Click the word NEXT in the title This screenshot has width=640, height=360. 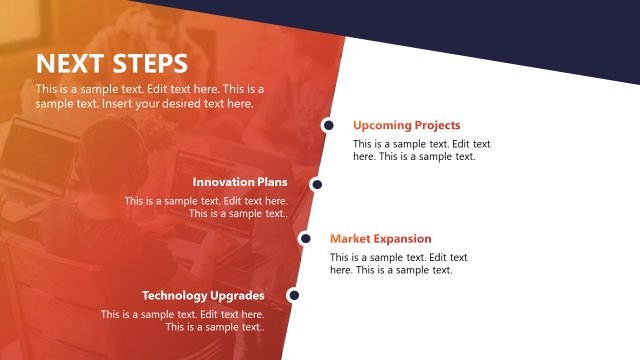click(70, 64)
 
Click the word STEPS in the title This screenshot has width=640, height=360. click(149, 64)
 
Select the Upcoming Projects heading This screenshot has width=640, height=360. click(406, 126)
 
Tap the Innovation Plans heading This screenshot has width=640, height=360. click(240, 182)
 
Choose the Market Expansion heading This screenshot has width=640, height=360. click(380, 239)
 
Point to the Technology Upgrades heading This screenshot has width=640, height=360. click(203, 296)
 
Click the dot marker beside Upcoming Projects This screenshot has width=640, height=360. click(327, 126)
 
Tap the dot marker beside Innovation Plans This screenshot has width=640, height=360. click(316, 184)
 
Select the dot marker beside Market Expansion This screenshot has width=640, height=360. click(304, 238)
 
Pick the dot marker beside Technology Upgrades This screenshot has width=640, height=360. click(293, 295)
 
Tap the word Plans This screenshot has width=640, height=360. click(272, 182)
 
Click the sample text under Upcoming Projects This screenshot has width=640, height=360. click(421, 150)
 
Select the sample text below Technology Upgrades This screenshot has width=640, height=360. click(183, 321)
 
